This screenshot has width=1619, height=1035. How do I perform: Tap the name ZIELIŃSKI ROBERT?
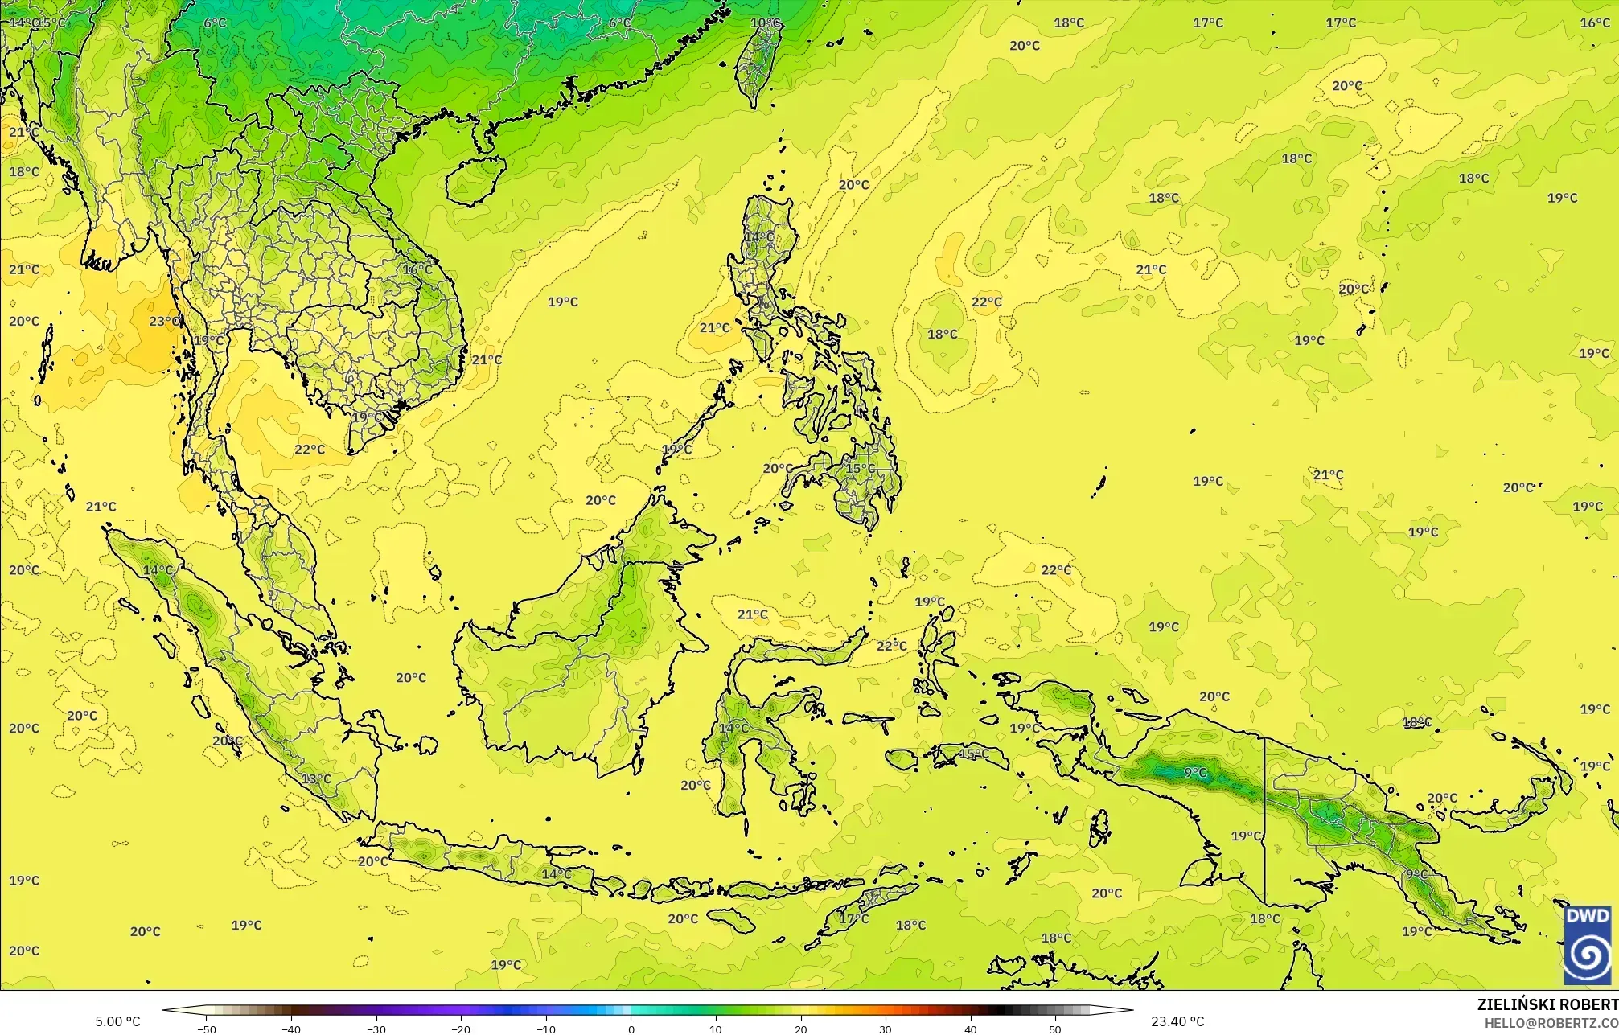tap(1547, 1004)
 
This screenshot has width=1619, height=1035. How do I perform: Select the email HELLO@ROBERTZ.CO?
tap(1551, 1022)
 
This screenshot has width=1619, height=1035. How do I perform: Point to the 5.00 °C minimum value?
tap(117, 1021)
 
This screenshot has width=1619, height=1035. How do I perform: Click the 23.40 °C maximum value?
tap(1177, 1021)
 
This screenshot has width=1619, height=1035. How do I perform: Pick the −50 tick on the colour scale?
tap(207, 1029)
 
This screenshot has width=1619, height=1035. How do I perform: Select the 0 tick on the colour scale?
tap(631, 1029)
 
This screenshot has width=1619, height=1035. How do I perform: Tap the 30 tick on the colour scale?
tap(886, 1029)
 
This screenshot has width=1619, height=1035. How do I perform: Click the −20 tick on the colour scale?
tap(461, 1029)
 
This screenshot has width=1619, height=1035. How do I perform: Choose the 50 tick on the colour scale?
tap(1055, 1029)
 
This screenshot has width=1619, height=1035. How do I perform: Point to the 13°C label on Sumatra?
tap(316, 778)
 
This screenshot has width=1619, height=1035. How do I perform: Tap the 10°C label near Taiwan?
tap(766, 23)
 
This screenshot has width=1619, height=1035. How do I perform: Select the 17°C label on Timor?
tap(854, 918)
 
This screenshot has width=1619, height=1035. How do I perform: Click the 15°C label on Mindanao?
tap(860, 468)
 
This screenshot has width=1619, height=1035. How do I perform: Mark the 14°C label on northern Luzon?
tap(758, 236)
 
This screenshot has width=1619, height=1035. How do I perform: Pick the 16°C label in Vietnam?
tap(417, 269)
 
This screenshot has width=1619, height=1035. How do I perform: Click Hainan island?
tap(475, 179)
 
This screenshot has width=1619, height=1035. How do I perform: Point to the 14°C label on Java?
tap(557, 873)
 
